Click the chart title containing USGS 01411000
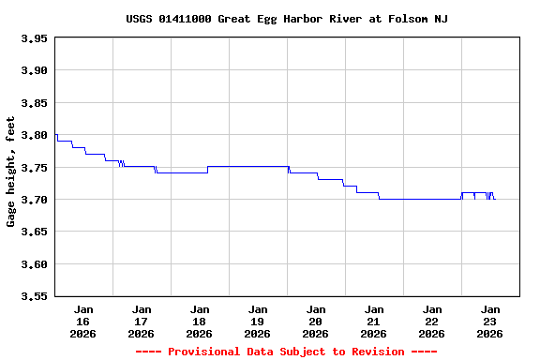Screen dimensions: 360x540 tap(286, 19)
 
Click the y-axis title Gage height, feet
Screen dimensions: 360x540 tap(11, 172)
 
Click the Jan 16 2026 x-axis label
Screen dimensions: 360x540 tap(83, 321)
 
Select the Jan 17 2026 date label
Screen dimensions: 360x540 tap(142, 321)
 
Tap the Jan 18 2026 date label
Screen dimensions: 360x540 tap(200, 321)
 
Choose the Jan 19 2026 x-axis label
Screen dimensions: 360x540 tap(258, 321)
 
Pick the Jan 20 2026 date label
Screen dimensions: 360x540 tap(316, 321)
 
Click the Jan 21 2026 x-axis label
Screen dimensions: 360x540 tap(374, 321)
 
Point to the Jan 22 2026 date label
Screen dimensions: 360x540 tap(432, 321)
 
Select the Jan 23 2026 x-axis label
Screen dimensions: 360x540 tap(490, 321)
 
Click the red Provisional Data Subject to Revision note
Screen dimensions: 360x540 tap(286, 352)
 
